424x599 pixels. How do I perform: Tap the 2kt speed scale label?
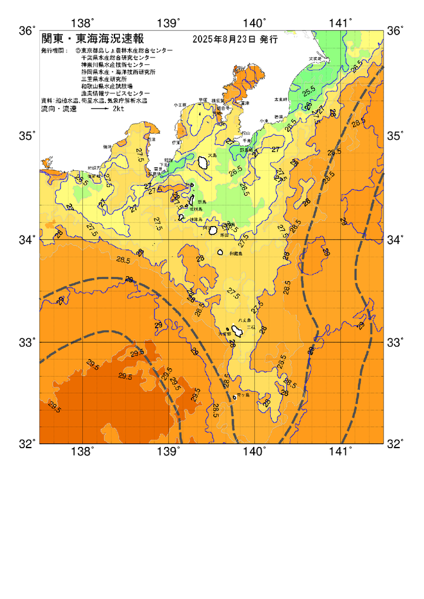[x=119, y=109]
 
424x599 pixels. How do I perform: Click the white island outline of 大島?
[x=204, y=162]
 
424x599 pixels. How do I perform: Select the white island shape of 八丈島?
[x=237, y=331]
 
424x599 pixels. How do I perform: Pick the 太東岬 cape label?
[x=280, y=99]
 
